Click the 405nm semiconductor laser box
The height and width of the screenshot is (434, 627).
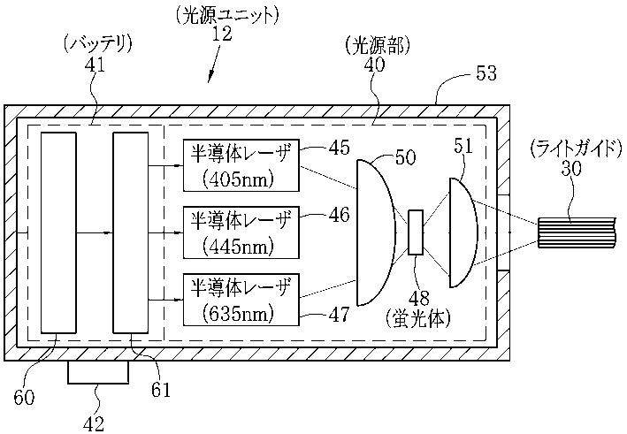[241, 165]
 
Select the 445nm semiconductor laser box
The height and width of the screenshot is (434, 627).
[241, 232]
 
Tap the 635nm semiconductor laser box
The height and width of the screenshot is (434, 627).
[241, 300]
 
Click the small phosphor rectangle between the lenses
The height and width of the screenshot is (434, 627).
[416, 232]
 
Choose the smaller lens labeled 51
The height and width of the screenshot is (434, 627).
[463, 232]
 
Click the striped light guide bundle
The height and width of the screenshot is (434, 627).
[577, 232]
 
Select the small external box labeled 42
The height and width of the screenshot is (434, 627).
[98, 372]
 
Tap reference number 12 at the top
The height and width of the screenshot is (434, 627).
[222, 34]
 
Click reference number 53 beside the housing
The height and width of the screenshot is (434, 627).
[486, 73]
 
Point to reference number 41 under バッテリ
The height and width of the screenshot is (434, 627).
[95, 65]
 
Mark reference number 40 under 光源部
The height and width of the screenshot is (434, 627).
[374, 65]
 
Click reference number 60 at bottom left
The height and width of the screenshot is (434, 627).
[24, 397]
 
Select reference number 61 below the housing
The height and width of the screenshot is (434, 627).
[161, 390]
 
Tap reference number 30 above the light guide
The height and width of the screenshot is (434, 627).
[571, 168]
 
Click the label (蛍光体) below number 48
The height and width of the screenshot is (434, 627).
[418, 318]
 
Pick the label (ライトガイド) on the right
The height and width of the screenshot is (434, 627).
[577, 149]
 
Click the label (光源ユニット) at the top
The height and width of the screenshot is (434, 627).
[226, 16]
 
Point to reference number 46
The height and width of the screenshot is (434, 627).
[339, 216]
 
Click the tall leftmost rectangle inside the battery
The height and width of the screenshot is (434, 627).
[58, 232]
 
